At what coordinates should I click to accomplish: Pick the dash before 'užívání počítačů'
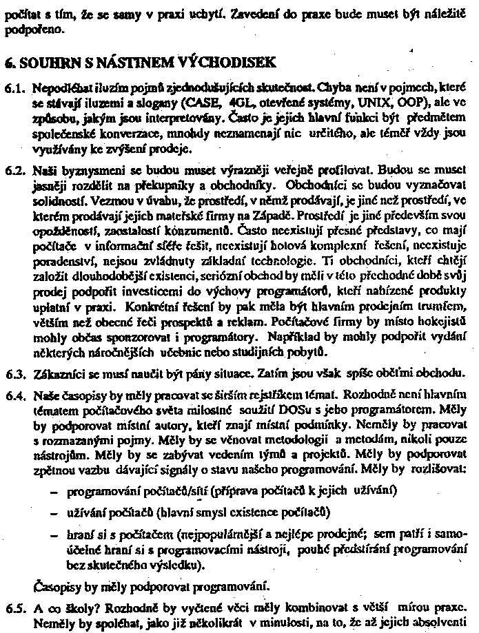coord(54,512)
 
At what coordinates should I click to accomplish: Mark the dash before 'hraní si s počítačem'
coord(54,534)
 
